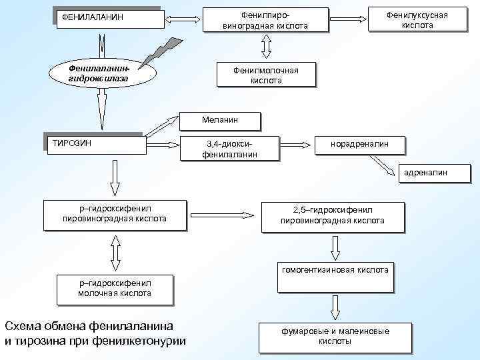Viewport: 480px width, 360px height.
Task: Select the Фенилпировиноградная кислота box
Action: [265, 19]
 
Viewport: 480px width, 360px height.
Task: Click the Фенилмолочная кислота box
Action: [266, 75]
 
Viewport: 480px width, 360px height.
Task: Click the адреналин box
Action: [424, 173]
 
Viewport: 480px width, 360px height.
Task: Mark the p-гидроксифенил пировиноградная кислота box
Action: [114, 214]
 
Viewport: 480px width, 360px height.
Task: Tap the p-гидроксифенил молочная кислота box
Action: [114, 288]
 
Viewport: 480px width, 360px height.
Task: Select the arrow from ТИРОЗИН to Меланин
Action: [163, 127]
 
